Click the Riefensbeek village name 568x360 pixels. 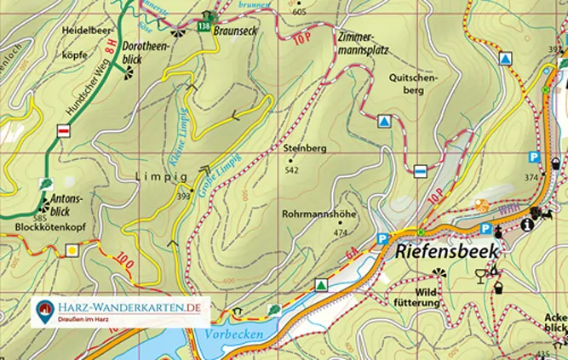(x=449, y=253)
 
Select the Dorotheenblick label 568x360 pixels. (x=142, y=54)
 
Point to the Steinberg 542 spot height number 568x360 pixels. (x=291, y=170)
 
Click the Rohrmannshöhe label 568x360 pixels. (x=318, y=215)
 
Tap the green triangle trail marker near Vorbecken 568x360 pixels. (x=321, y=285)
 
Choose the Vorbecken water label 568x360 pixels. (x=233, y=334)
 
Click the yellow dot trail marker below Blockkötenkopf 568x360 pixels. (x=73, y=250)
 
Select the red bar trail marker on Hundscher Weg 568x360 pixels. (x=63, y=130)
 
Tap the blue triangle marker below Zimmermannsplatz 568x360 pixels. (x=385, y=122)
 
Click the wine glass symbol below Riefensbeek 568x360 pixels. (x=482, y=275)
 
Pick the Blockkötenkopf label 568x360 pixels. (x=51, y=228)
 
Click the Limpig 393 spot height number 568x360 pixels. (x=183, y=197)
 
